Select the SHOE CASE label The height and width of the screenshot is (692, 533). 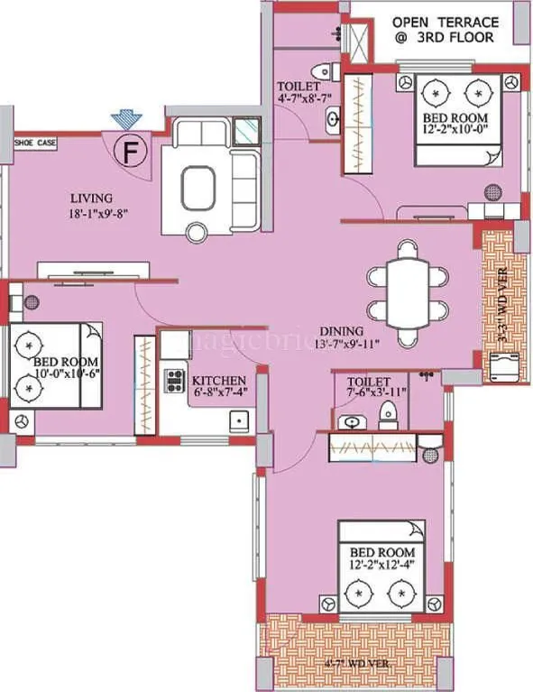[x=34, y=142]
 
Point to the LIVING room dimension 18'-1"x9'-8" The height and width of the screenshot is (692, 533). [x=91, y=215]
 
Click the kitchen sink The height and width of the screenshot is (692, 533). [x=238, y=420]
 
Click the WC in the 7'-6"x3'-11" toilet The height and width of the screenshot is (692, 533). [x=389, y=414]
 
